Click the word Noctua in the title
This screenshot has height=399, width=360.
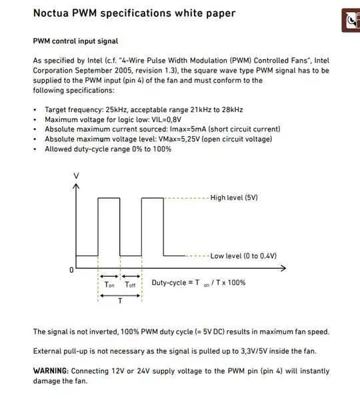pyautogui.click(x=55, y=13)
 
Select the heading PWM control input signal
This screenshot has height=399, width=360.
pyautogui.click(x=75, y=41)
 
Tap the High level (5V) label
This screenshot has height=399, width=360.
pyautogui.click(x=233, y=198)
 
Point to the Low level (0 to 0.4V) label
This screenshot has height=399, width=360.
pyautogui.click(x=243, y=256)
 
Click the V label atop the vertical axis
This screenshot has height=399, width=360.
pyautogui.click(x=76, y=175)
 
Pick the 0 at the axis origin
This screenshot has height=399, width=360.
pyautogui.click(x=71, y=270)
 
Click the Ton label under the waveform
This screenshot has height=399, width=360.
pyautogui.click(x=109, y=285)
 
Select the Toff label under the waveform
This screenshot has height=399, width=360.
pyautogui.click(x=131, y=285)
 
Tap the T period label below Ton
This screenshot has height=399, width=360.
pyautogui.click(x=119, y=301)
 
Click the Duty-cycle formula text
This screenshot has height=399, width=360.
pyautogui.click(x=199, y=282)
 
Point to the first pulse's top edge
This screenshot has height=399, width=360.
pyautogui.click(x=109, y=198)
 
